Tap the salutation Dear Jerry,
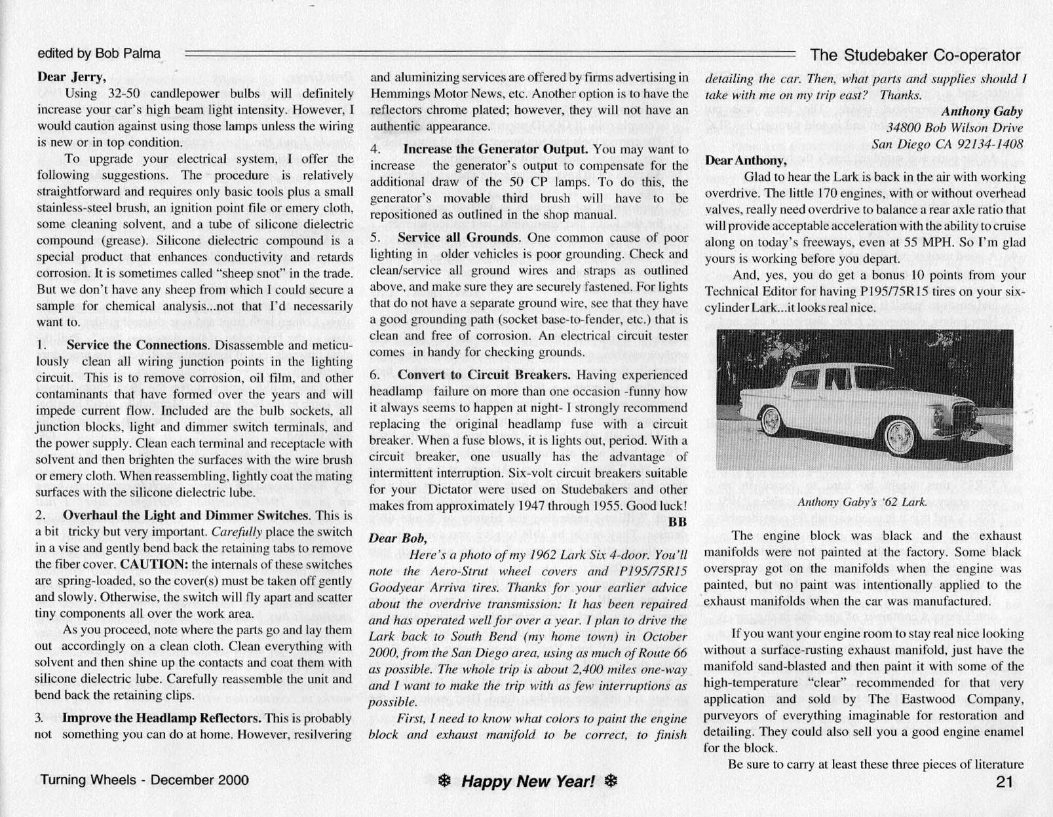[71, 77]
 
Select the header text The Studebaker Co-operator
[915, 55]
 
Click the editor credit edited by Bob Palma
[99, 54]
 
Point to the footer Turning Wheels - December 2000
[145, 780]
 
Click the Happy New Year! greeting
[527, 781]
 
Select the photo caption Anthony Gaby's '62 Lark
[862, 503]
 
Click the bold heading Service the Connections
[136, 345]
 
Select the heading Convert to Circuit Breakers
[484, 375]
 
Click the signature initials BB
[678, 522]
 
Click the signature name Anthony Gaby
[982, 111]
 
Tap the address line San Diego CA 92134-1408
[948, 144]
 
